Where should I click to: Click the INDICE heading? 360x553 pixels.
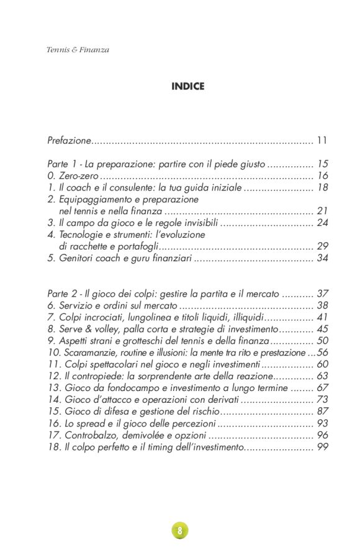point(187,87)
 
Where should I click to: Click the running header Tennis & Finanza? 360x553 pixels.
point(78,50)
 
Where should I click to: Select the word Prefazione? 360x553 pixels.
point(69,141)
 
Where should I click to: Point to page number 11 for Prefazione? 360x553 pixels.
point(322,141)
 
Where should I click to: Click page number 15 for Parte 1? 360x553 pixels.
point(322,164)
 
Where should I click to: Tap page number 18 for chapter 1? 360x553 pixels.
point(322,187)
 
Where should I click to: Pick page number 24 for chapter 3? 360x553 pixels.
point(322,223)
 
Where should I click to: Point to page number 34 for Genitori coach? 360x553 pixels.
point(322,258)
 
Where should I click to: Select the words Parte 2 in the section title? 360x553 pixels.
point(63,294)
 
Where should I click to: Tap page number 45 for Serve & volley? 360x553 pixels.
point(322,329)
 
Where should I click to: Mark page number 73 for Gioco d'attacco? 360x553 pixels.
point(322,400)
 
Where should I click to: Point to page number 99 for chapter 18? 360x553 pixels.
point(322,447)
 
